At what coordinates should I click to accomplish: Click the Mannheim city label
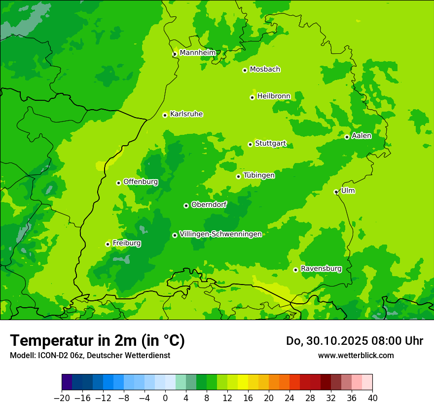click(x=197, y=53)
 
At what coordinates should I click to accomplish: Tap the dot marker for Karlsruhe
click(x=165, y=115)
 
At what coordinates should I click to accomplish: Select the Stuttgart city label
click(x=270, y=144)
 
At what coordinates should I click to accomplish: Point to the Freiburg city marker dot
click(x=108, y=244)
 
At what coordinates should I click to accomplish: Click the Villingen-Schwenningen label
click(x=220, y=234)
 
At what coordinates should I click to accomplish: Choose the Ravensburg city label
click(x=321, y=269)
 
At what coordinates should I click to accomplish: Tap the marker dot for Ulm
click(x=336, y=192)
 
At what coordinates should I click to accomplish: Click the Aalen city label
click(x=362, y=136)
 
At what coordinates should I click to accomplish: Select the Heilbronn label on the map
click(x=274, y=96)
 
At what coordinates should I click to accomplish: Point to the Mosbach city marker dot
click(x=245, y=70)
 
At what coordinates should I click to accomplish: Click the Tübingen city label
click(x=259, y=175)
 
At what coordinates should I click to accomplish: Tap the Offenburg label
click(x=141, y=182)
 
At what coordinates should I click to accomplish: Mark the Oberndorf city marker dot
click(x=186, y=205)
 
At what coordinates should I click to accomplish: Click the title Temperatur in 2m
click(x=97, y=340)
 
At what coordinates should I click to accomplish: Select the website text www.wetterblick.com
click(x=356, y=355)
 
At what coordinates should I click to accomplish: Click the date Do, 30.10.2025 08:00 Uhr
click(x=354, y=341)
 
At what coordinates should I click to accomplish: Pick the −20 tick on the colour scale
click(x=62, y=398)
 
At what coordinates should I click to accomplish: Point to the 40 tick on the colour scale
click(x=372, y=398)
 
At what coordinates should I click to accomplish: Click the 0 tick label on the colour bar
click(x=165, y=398)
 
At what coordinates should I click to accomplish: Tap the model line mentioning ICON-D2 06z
click(x=90, y=356)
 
